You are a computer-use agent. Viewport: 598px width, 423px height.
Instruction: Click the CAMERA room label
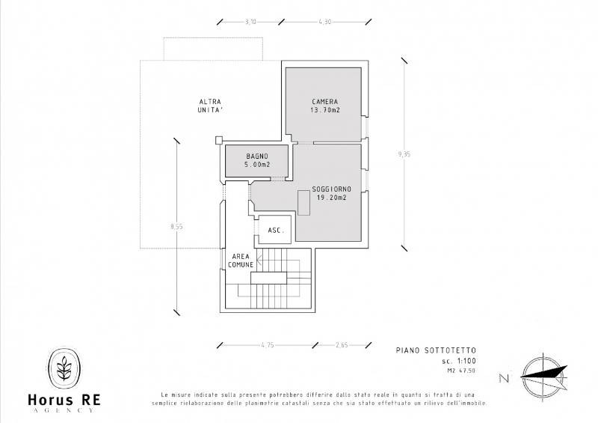tap(325, 102)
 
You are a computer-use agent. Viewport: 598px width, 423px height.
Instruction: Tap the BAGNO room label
tap(257, 156)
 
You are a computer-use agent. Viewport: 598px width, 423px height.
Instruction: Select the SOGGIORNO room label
tap(331, 189)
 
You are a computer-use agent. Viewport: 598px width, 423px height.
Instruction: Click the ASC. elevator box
tap(275, 230)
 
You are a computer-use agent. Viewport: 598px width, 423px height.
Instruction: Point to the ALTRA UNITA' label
tap(210, 106)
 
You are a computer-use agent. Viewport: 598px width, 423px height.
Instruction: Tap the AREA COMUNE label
tap(241, 261)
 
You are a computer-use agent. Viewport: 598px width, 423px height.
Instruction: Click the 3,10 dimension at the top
tap(250, 22)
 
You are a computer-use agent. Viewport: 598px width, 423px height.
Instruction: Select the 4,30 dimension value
tap(325, 22)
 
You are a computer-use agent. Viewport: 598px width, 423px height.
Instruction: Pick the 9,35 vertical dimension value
tap(404, 154)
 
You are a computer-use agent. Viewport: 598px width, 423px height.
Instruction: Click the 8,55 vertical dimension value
tap(176, 226)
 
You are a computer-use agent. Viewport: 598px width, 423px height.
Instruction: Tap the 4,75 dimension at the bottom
tap(268, 345)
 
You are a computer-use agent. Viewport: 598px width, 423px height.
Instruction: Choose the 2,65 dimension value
tap(342, 345)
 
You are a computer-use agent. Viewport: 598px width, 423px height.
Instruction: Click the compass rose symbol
tap(544, 375)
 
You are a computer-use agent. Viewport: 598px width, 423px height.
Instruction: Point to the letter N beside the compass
tap(504, 378)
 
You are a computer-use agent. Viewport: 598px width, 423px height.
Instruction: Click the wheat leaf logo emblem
tap(64, 368)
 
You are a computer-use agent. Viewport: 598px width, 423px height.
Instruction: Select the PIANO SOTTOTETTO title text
tap(436, 350)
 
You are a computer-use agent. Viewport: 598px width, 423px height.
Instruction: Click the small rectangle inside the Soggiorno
tap(303, 203)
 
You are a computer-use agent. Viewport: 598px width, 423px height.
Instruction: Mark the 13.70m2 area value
tap(325, 110)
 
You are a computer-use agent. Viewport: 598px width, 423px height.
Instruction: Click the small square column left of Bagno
tap(218, 140)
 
